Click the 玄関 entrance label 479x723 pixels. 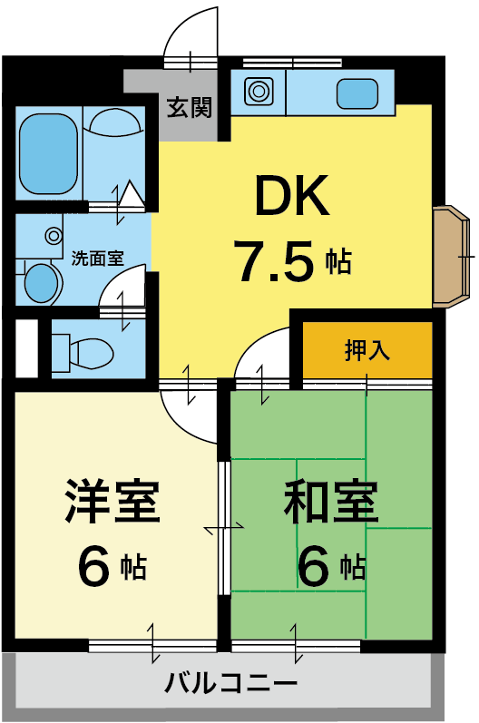(189, 107)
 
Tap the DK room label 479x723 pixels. (292, 196)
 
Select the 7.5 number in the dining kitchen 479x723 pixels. (276, 261)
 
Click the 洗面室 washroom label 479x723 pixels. (98, 259)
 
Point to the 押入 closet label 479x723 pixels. (367, 350)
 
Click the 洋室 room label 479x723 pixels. (112, 501)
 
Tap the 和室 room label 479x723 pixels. (330, 502)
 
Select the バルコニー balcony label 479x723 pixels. (230, 683)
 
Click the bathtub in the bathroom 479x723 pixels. (47, 153)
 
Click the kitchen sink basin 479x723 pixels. (357, 93)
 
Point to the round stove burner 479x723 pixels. (259, 91)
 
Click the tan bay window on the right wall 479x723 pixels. (452, 257)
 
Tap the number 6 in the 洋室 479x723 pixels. (93, 566)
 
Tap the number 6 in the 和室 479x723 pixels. (314, 566)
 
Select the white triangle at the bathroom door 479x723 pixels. (132, 193)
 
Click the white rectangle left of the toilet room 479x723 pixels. (26, 348)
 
